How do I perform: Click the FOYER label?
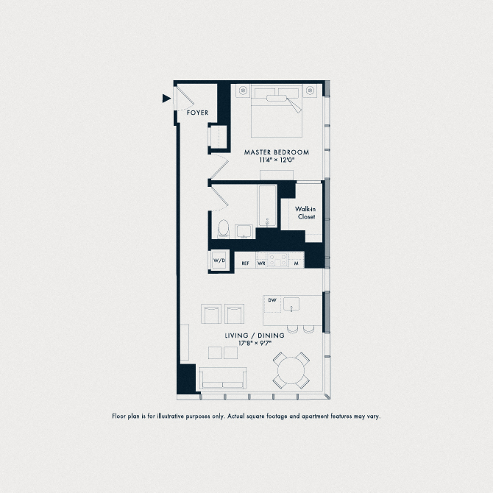point(197,113)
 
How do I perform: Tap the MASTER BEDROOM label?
point(277,152)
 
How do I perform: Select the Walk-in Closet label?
point(306,213)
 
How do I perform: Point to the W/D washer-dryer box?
point(219,261)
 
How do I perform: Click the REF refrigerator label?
point(245,263)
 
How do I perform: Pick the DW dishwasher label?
point(272,300)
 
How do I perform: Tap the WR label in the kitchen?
point(261,263)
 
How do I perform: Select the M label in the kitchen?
point(296,263)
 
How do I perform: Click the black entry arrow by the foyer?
point(166,97)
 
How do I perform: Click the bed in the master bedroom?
point(277,112)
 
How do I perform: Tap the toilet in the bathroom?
point(223,228)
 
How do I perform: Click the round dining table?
point(292,369)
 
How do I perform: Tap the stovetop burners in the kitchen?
point(279,260)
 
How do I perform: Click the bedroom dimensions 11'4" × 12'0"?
point(277,160)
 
